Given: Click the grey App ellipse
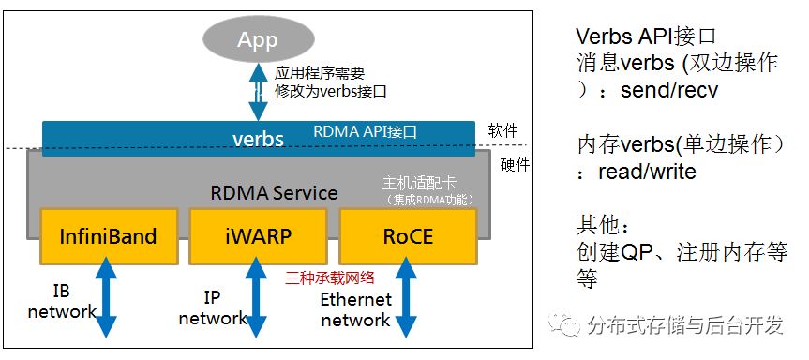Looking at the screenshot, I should [258, 40].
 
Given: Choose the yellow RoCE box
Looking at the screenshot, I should [408, 236].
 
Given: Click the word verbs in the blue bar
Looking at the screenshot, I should [258, 139].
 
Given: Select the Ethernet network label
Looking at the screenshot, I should [355, 310].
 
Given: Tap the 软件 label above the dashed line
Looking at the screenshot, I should [502, 129].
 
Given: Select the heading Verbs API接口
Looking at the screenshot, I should [646, 37].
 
